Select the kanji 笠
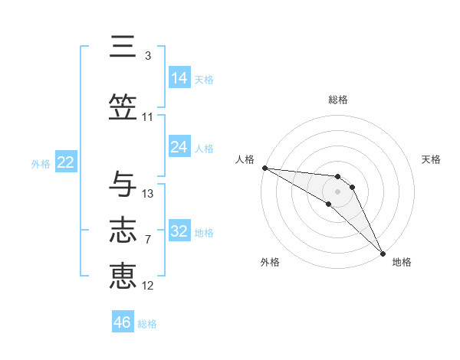[x=123, y=107]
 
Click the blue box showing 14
[x=179, y=78]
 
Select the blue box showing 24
[x=179, y=147]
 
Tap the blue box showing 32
[x=179, y=231]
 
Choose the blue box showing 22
[x=66, y=162]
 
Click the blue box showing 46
[x=123, y=322]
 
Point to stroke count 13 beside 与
[x=148, y=194]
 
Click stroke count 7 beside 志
[x=148, y=240]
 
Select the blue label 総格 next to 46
[x=147, y=324]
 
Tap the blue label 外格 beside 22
[x=41, y=163]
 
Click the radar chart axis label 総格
[x=338, y=100]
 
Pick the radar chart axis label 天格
[x=432, y=159]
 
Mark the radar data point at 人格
[x=264, y=168]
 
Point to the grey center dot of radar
[x=338, y=191]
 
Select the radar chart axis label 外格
[x=270, y=262]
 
